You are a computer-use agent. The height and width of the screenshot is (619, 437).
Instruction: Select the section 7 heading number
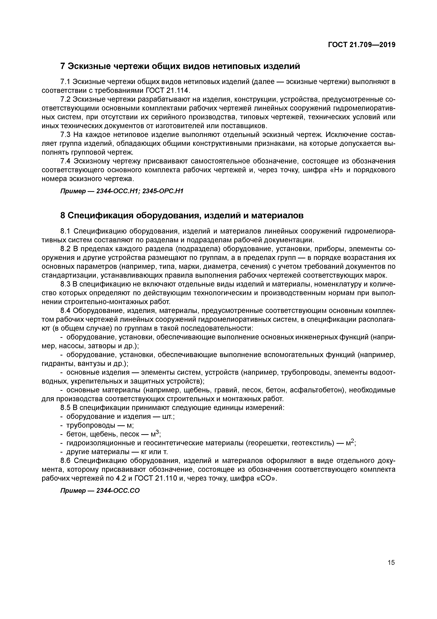(62, 66)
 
